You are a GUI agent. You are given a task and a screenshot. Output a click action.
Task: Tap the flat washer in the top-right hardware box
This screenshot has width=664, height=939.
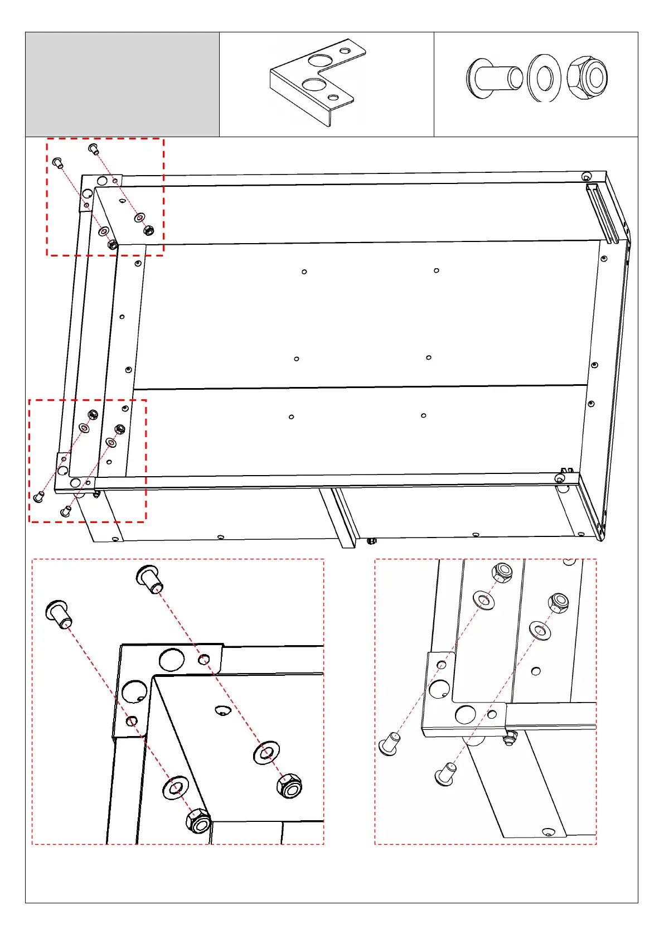pos(544,78)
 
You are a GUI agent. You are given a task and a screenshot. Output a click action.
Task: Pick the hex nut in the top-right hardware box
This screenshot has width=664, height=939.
pos(587,78)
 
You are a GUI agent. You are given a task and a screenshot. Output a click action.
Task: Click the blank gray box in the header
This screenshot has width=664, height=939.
pos(122,84)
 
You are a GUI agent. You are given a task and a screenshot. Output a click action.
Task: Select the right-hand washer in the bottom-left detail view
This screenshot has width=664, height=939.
pos(266,753)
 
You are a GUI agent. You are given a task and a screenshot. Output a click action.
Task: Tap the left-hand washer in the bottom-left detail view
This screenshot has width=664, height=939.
pos(176,787)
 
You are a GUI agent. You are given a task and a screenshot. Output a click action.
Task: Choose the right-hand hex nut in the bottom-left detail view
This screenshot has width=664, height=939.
pos(289,786)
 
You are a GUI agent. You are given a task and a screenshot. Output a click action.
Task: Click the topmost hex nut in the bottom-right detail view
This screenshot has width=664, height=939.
pos(502,572)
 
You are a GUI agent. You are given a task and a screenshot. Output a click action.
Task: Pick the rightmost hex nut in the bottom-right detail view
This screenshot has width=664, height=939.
pos(558,603)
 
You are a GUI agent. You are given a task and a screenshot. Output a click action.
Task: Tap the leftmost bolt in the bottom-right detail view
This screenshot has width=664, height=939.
pos(389,744)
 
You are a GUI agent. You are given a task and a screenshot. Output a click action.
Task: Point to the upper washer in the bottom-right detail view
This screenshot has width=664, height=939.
pos(483,600)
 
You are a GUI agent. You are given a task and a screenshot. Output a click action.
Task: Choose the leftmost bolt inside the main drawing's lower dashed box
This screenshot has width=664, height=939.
pos(39,496)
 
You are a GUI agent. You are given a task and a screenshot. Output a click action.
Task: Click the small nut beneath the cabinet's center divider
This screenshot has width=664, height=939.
pos(372,540)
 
